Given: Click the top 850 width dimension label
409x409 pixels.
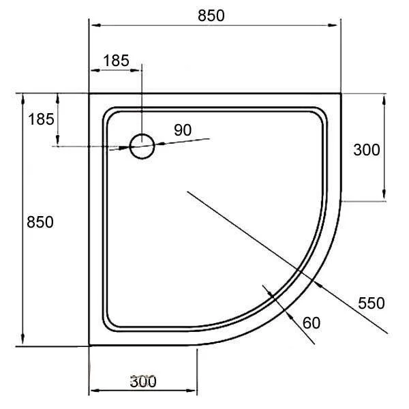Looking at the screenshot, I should coord(211,16).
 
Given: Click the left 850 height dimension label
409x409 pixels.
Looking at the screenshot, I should coord(40,222).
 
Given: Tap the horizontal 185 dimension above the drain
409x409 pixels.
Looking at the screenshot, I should coord(115,60).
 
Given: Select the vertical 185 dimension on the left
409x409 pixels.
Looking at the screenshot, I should coord(41,119).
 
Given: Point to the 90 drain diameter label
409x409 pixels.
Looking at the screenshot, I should coord(182,130).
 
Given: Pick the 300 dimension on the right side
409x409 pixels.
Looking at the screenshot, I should coord(367,150).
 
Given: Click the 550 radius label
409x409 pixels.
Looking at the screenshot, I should coord(372,303).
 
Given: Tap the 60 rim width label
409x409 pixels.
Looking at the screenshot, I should coord(311,322).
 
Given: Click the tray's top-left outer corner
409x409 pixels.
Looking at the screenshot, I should coord(90,94).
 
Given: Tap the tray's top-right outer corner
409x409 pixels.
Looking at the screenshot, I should coord(340,94).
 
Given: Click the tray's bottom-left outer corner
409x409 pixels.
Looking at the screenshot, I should coord(90,346).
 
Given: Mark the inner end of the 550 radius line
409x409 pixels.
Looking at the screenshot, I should coord(187,193).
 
